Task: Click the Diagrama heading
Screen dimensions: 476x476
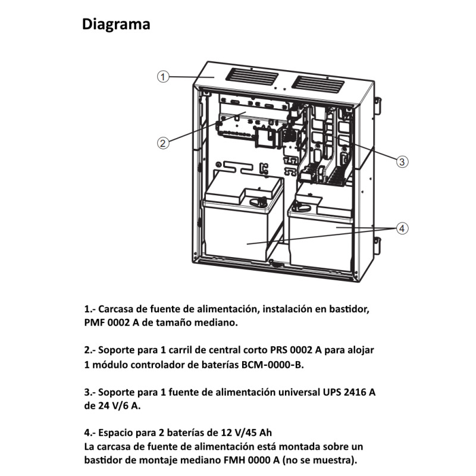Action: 116,24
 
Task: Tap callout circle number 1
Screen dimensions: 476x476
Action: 164,76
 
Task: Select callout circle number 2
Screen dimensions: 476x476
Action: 164,142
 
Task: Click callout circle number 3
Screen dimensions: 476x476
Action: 402,161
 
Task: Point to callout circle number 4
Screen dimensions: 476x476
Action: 402,228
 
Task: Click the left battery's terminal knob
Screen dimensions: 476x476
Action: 259,202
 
